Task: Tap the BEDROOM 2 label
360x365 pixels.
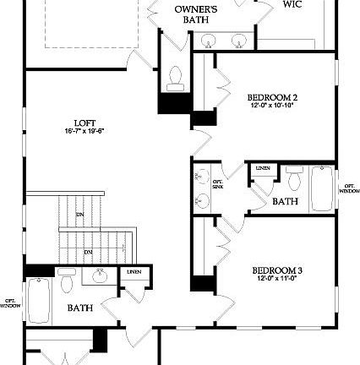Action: (273, 97)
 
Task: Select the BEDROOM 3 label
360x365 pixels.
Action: (272, 270)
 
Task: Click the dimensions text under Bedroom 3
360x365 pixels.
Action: (272, 279)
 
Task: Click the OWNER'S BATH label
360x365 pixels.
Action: (196, 14)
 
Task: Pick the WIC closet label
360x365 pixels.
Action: (292, 4)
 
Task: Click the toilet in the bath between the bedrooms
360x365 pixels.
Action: (295, 178)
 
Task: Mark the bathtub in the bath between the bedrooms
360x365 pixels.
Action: (323, 188)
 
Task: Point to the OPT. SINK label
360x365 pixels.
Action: (217, 183)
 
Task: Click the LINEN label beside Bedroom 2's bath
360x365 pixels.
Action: (263, 168)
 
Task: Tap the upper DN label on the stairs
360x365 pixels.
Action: (80, 215)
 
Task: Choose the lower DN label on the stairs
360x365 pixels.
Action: (88, 252)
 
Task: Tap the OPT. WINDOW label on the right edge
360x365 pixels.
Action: (350, 188)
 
